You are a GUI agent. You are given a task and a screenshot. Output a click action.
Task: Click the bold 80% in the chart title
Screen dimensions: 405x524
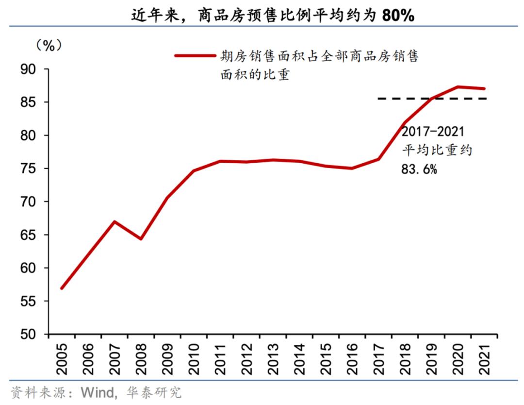pos(398,16)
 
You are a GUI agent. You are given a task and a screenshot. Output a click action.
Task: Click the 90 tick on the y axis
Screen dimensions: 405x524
pos(29,69)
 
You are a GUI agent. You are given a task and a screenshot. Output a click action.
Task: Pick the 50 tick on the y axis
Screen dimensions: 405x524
pos(29,335)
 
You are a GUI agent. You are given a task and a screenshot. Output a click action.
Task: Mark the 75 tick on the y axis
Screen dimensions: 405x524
pos(29,169)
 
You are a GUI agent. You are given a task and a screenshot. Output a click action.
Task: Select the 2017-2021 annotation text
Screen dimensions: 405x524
pos(433,132)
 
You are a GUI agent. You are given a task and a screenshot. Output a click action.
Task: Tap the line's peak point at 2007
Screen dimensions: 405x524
pos(114,221)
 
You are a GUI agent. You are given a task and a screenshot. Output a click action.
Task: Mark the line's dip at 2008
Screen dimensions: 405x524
pos(140,239)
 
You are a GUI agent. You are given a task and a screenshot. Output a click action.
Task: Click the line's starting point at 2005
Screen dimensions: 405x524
pos(62,288)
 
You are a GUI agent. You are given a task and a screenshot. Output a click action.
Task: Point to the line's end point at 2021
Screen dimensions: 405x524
pos(484,88)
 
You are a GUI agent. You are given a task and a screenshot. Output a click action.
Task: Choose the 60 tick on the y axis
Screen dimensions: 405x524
pos(29,268)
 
